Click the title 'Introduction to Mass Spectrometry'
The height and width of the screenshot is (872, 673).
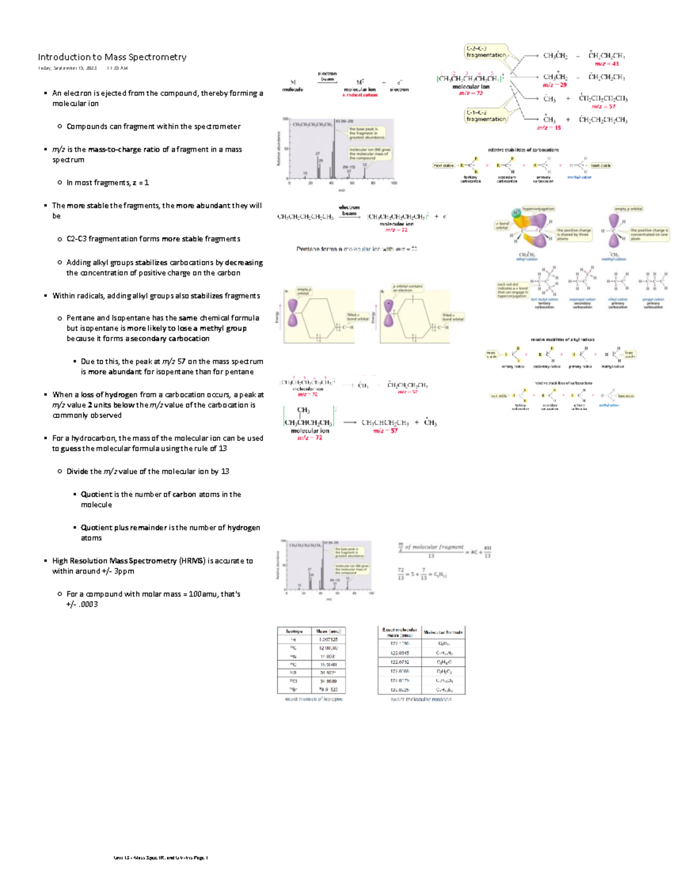pyautogui.click(x=112, y=57)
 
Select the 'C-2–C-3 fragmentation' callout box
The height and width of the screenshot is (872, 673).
pyautogui.click(x=486, y=52)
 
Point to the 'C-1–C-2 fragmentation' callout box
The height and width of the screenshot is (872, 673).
pyautogui.click(x=486, y=115)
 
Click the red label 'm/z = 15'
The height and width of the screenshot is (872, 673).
pyautogui.click(x=548, y=128)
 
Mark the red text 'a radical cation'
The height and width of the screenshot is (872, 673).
pyautogui.click(x=359, y=95)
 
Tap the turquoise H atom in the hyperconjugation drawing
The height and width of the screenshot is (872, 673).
pyautogui.click(x=516, y=213)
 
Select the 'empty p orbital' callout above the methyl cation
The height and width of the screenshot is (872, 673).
pyautogui.click(x=628, y=208)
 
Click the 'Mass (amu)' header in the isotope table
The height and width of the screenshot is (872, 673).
pyautogui.click(x=328, y=631)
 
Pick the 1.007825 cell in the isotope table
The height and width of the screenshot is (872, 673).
pyautogui.click(x=328, y=639)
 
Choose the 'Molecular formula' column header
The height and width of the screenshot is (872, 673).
pyautogui.click(x=443, y=632)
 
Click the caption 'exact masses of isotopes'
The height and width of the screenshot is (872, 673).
pyautogui.click(x=314, y=699)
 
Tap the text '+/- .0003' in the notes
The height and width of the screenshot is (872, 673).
pyautogui.click(x=82, y=605)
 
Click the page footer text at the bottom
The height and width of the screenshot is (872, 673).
pyautogui.click(x=160, y=857)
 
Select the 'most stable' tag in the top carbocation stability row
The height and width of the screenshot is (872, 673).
pyautogui.click(x=443, y=165)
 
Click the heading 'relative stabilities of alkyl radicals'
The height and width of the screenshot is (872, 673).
pyautogui.click(x=563, y=340)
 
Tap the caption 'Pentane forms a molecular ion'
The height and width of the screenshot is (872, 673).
pyautogui.click(x=357, y=249)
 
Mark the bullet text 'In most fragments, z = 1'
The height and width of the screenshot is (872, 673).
pyautogui.click(x=108, y=183)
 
